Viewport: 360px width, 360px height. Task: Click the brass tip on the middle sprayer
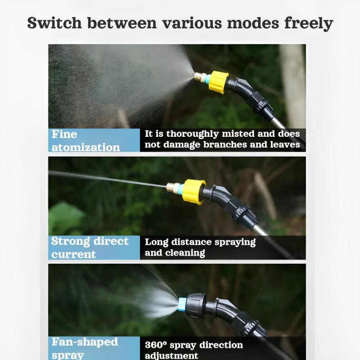coord(172,187)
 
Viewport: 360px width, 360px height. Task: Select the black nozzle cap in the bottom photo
coord(197,306)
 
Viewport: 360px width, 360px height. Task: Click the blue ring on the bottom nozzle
coord(182,304)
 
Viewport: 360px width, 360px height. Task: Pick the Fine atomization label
coord(85,140)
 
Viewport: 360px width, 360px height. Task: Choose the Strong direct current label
coord(90,247)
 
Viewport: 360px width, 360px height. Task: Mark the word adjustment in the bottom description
coord(171,356)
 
